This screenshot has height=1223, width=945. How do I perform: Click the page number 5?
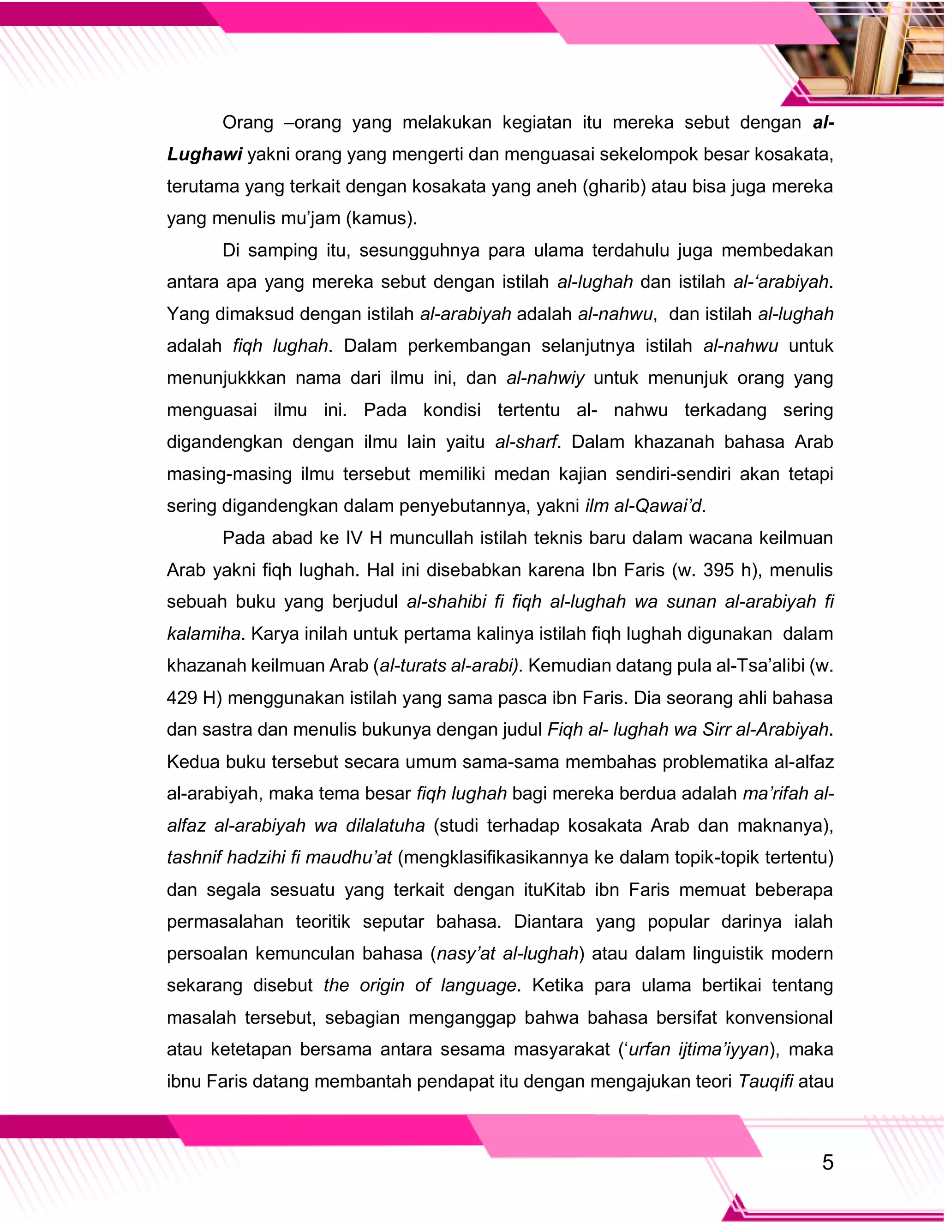(x=827, y=1163)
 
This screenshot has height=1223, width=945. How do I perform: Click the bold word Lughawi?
(x=204, y=155)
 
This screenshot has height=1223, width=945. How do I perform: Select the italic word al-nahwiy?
(x=545, y=378)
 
